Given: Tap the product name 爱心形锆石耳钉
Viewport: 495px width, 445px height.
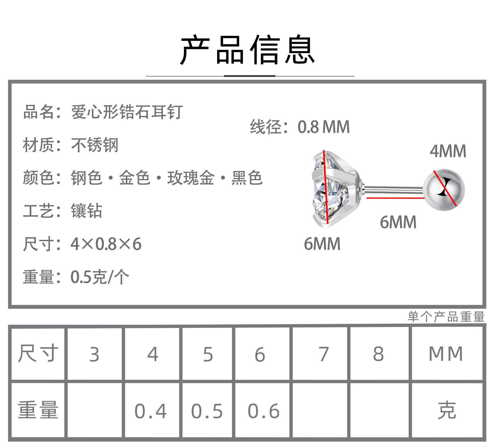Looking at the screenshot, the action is [127, 112].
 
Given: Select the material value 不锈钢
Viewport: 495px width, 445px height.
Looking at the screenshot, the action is [95, 145].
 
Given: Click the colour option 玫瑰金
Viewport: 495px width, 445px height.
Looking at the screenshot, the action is [191, 178].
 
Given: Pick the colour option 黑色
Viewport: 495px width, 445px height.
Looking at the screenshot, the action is [247, 178].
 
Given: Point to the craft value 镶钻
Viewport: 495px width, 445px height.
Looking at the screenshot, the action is [86, 211].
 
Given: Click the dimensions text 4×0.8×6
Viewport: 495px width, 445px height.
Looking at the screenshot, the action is [106, 244].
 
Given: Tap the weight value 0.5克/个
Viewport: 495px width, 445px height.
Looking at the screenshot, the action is [100, 277].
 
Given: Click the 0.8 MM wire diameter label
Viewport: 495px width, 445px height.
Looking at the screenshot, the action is [324, 127].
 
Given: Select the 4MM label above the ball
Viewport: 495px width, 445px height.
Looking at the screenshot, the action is [448, 151].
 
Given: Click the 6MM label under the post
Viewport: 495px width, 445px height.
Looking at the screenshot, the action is [398, 222].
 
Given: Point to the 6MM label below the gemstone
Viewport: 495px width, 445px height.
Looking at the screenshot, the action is [322, 244].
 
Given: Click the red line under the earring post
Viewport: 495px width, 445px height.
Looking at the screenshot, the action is [395, 198].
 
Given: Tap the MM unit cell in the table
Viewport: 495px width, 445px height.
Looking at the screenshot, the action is [446, 354].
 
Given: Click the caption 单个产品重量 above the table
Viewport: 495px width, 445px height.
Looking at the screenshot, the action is [446, 317].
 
